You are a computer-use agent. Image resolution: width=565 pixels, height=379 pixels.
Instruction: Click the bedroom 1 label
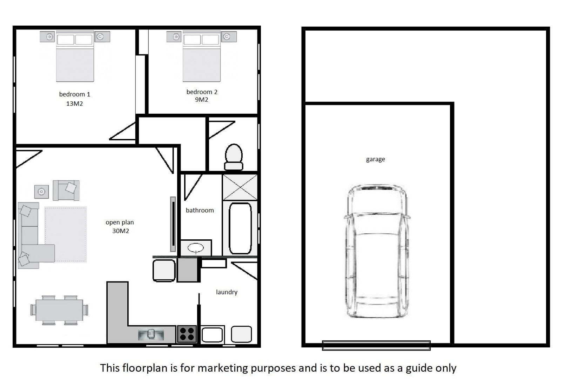pyautogui.click(x=74, y=94)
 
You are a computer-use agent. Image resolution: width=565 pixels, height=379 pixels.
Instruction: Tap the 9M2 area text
pyautogui.click(x=202, y=100)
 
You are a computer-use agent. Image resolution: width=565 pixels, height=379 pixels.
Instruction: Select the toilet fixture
pyautogui.click(x=234, y=157)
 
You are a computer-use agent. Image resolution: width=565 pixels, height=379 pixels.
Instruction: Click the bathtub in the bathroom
pyautogui.click(x=240, y=228)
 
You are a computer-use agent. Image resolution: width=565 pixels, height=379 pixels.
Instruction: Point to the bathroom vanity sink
pyautogui.click(x=196, y=248)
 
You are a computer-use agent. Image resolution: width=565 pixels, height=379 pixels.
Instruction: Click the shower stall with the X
pyautogui.click(x=240, y=187)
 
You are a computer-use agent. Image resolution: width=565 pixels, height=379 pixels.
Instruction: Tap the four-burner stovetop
pyautogui.click(x=187, y=334)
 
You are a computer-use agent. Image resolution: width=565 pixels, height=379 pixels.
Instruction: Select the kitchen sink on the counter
pyautogui.click(x=151, y=335)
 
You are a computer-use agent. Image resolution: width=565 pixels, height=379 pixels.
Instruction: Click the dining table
pyautogui.click(x=59, y=310)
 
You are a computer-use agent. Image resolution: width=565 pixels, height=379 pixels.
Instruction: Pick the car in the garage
pyautogui.click(x=377, y=251)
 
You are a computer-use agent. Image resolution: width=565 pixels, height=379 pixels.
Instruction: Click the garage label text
pyautogui.click(x=376, y=159)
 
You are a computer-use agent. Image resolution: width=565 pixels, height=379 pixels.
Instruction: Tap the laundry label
pyautogui.click(x=227, y=292)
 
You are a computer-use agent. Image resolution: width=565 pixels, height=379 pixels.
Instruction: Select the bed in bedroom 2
pyautogui.click(x=202, y=56)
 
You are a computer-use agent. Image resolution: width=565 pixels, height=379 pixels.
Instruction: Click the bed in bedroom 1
pyautogui.click(x=75, y=56)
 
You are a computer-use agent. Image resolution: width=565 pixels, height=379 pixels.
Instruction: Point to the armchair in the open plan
pyautogui.click(x=66, y=191)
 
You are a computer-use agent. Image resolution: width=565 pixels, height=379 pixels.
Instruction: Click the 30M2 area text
pyautogui.click(x=121, y=231)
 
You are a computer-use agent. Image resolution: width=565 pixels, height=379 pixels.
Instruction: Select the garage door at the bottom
pyautogui.click(x=376, y=345)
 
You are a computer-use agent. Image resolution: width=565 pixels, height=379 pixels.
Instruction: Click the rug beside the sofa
pyautogui.click(x=66, y=234)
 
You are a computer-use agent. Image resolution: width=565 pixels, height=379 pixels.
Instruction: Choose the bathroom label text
pyautogui.click(x=200, y=211)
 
